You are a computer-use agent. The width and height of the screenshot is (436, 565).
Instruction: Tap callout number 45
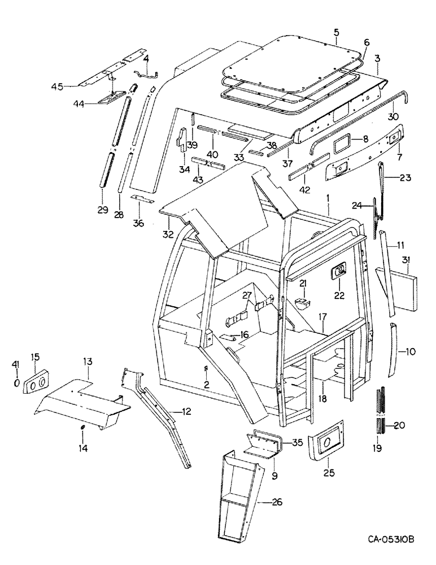click(57, 86)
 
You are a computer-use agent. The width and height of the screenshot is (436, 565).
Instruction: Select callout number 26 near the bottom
click(277, 501)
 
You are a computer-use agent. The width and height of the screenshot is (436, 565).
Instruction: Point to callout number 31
click(406, 259)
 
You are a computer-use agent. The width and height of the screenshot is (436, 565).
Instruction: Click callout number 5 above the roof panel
click(336, 32)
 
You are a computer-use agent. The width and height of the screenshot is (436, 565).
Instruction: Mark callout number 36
click(139, 223)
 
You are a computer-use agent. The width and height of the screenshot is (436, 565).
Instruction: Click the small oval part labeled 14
click(82, 427)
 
